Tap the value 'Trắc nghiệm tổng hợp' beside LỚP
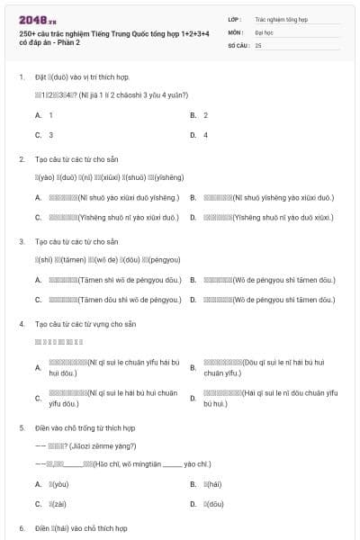pos(281,18)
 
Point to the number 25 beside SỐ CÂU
pos(258,44)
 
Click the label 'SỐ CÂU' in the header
pos(238,44)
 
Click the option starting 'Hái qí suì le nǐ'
pos(269,399)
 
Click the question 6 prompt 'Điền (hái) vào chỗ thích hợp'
pos(81,528)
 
